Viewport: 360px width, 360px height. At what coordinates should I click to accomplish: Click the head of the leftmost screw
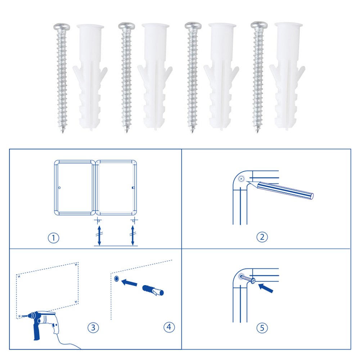pyautogui.click(x=62, y=27)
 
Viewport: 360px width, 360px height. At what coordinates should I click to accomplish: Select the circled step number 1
pyautogui.click(x=54, y=238)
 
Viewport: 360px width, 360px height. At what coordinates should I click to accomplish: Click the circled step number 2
pyautogui.click(x=262, y=237)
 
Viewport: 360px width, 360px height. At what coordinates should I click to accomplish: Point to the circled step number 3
pyautogui.click(x=93, y=327)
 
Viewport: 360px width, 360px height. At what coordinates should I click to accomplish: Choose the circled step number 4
pyautogui.click(x=169, y=327)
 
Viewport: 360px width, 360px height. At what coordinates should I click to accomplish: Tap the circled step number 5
pyautogui.click(x=262, y=328)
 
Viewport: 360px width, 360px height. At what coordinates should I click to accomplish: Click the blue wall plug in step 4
pyautogui.click(x=153, y=290)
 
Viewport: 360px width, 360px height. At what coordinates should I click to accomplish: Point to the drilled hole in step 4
pyautogui.click(x=116, y=279)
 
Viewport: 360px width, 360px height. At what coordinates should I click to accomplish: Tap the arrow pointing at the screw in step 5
pyautogui.click(x=266, y=288)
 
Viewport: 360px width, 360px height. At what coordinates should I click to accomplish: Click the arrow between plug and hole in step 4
pyautogui.click(x=129, y=282)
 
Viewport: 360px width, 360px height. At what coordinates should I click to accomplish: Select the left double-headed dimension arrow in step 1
pyautogui.click(x=99, y=235)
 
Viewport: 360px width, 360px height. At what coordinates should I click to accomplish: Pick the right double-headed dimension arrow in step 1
pyautogui.click(x=132, y=235)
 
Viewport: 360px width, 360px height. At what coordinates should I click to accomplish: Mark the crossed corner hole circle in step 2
pyautogui.click(x=241, y=179)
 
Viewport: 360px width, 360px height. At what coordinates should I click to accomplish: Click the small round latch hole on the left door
pyautogui.click(x=59, y=188)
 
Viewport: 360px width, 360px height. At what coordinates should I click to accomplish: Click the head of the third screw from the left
pyautogui.click(x=193, y=26)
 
